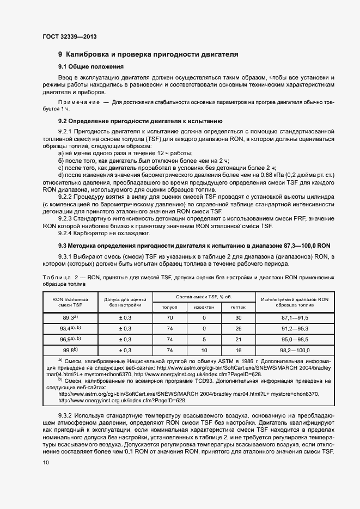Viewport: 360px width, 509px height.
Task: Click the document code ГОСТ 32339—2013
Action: point(69,37)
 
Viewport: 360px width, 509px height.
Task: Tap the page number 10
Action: point(45,462)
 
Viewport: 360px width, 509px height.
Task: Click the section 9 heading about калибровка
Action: point(148,54)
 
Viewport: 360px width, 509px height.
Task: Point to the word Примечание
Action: point(79,103)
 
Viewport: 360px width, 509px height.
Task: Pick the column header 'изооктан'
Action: point(204,307)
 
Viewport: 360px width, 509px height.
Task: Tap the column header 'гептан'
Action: point(238,307)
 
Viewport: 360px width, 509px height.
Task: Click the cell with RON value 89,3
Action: point(70,317)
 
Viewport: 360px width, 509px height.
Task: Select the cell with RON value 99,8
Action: point(70,350)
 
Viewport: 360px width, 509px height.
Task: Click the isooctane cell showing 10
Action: point(204,350)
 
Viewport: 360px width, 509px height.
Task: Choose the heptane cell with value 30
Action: point(238,317)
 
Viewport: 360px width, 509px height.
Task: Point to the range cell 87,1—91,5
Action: point(295,317)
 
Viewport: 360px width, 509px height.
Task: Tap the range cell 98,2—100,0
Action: point(295,350)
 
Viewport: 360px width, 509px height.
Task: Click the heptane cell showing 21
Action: point(238,339)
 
